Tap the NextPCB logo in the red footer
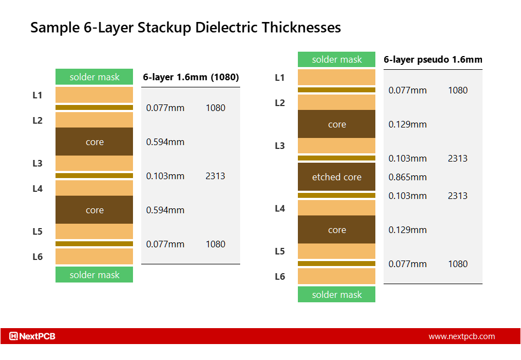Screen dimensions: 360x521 pos(32,336)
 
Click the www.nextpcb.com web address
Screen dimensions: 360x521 pos(462,336)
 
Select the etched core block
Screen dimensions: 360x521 pos(336,177)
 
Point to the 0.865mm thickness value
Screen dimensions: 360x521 pos(407,177)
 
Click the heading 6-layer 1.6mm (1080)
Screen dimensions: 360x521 pos(191,77)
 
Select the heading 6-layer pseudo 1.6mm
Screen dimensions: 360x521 pos(433,60)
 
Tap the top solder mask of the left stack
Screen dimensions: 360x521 pos(94,77)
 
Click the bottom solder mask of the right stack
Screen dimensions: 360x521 pos(336,295)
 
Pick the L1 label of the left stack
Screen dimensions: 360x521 pos(37,95)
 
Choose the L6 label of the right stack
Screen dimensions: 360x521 pos(280,276)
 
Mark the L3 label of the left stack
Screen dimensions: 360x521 pos(37,163)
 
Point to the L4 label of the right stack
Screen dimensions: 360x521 pos(280,208)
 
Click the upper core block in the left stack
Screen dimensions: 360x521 pos(94,142)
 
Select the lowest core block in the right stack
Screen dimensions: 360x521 pos(336,230)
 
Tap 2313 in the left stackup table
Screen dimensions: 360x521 pos(215,176)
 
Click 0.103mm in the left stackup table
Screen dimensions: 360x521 pos(165,176)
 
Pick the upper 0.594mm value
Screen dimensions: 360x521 pos(165,142)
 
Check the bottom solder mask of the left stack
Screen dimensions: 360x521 pos(94,275)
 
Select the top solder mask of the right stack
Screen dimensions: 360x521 pos(336,59)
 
